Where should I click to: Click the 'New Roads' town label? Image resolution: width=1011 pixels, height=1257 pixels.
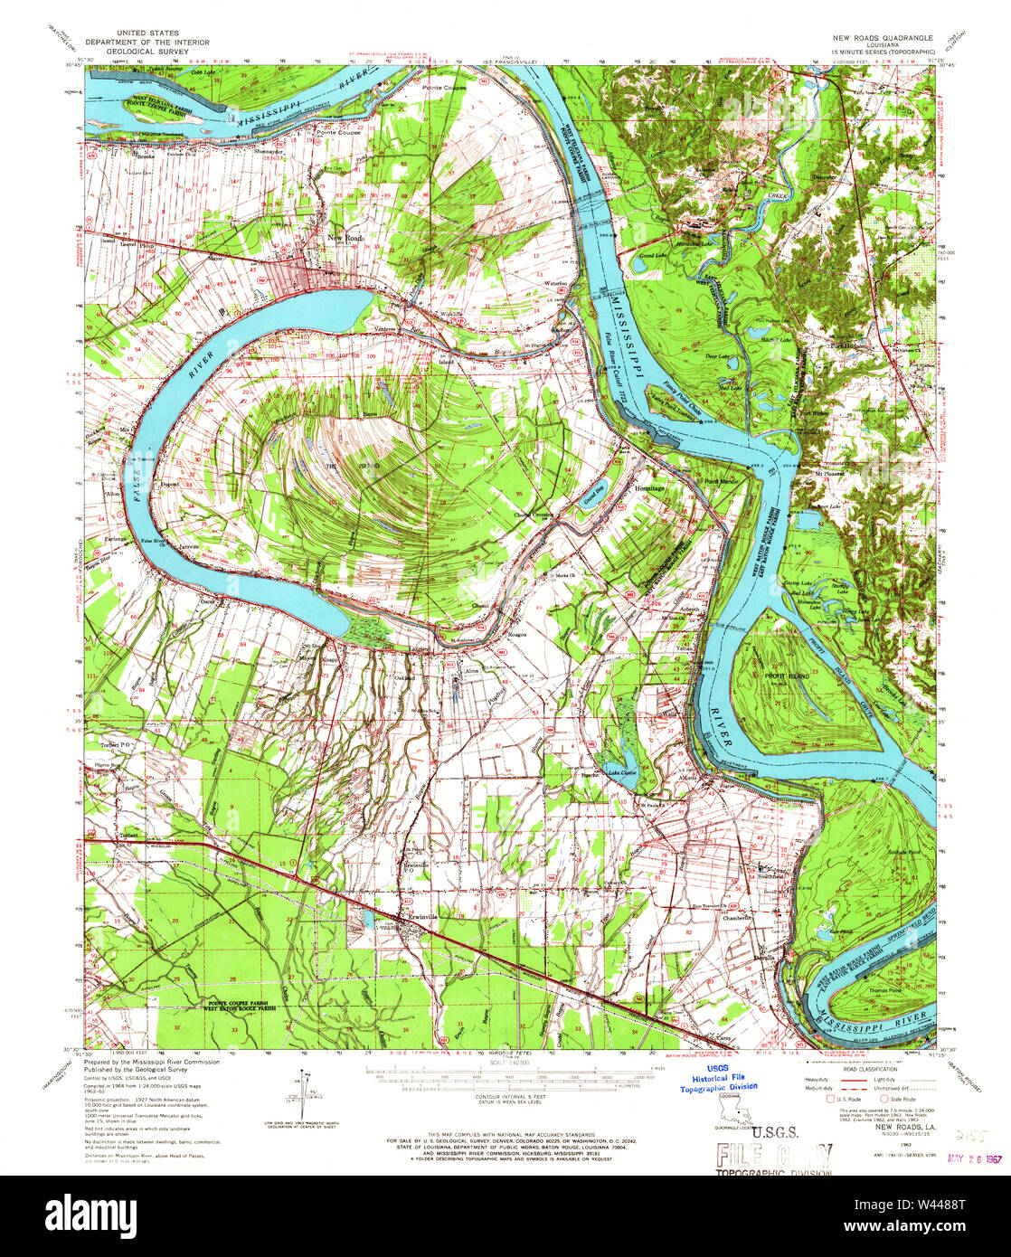[345, 237]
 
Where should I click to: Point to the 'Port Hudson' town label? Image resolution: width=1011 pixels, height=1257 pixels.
[849, 345]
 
